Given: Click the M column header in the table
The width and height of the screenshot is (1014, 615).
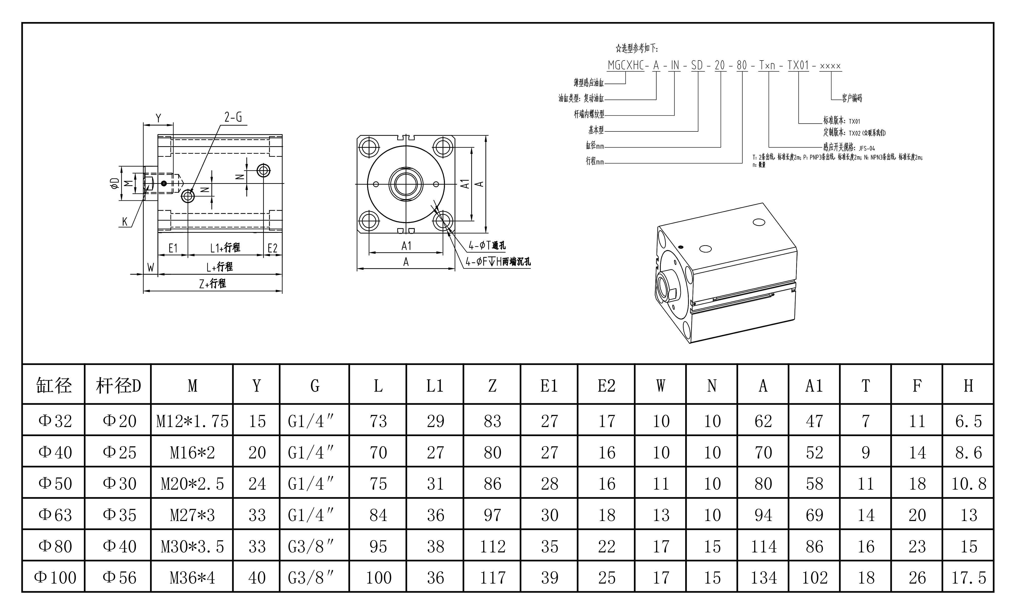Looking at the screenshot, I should click(x=192, y=386).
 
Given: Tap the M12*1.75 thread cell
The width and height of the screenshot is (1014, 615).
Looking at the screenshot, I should click(x=192, y=421).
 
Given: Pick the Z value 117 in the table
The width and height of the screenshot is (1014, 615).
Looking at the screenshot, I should click(x=492, y=578).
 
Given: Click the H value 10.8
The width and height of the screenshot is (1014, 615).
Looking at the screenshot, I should click(x=968, y=484).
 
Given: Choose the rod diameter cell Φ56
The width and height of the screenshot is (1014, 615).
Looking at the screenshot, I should click(x=119, y=578).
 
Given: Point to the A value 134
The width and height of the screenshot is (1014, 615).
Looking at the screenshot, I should click(x=763, y=578).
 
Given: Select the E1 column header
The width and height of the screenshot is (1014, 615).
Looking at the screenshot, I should click(x=549, y=386).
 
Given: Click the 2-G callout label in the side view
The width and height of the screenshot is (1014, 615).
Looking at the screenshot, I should click(x=233, y=118).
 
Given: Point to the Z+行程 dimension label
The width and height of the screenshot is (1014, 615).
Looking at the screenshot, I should click(x=212, y=283).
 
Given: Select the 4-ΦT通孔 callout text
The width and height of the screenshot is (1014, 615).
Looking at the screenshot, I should click(x=487, y=246).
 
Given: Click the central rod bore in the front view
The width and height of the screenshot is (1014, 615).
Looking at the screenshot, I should click(x=406, y=184).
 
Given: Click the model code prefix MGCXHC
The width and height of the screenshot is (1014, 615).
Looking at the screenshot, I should click(x=626, y=65).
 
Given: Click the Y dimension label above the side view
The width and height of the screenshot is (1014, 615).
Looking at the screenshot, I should click(x=158, y=118).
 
